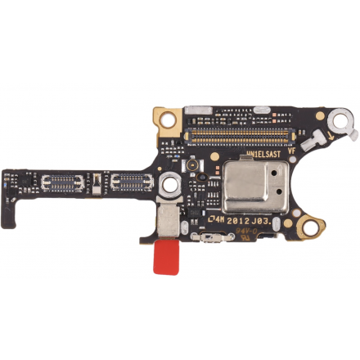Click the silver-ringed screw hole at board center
tap(169, 186)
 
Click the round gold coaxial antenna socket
tap(189, 165)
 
